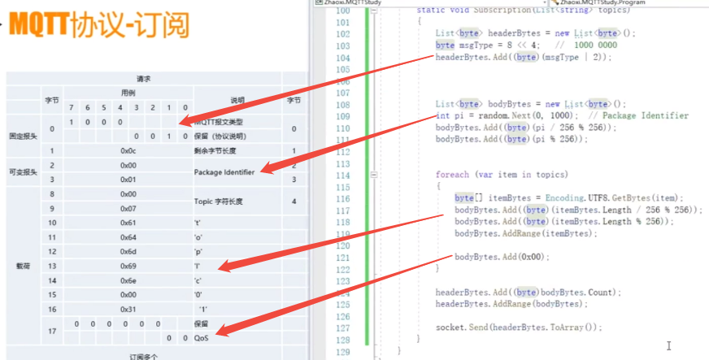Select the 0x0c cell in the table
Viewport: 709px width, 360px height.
128,151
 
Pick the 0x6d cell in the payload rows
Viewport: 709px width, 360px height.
128,251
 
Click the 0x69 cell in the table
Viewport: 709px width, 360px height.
128,266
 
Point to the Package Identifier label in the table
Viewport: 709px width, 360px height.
224,172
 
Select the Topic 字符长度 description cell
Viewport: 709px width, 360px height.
219,201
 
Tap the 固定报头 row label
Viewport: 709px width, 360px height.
23,135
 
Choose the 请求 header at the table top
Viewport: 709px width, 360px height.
144,79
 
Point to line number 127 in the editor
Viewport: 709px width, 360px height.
342,327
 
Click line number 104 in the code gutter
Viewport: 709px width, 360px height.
342,58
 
